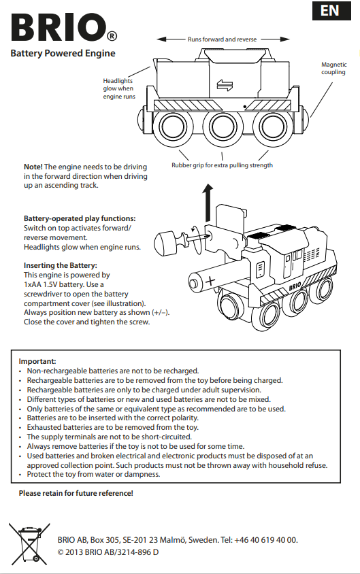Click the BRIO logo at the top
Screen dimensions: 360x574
click(x=64, y=28)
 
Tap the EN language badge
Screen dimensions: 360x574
click(x=331, y=11)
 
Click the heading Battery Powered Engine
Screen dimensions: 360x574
click(x=63, y=54)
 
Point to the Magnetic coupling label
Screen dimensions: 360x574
click(x=333, y=68)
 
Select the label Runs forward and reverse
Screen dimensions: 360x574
click(x=223, y=39)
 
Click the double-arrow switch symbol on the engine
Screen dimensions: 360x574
click(x=225, y=85)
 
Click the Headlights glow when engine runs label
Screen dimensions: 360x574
click(x=119, y=88)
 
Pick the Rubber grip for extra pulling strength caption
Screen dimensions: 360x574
click(x=223, y=165)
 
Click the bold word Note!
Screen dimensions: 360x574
click(x=33, y=167)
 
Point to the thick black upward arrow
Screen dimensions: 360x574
click(x=208, y=203)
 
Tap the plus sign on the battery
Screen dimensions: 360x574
click(x=210, y=281)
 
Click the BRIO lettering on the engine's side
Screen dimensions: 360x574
click(x=295, y=286)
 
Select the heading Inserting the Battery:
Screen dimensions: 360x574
click(x=61, y=265)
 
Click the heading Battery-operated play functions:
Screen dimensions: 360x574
click(x=80, y=218)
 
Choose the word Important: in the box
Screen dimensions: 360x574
click(x=37, y=361)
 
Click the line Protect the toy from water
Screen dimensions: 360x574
click(x=93, y=475)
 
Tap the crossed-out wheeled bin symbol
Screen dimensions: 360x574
click(x=29, y=543)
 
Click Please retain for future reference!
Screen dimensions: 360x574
click(x=76, y=493)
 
